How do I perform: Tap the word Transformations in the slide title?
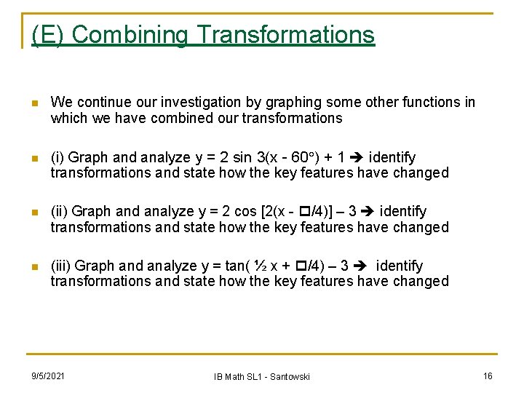point(286,34)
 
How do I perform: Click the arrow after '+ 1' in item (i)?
point(357,157)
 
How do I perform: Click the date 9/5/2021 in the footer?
point(47,376)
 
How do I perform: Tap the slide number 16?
point(488,376)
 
